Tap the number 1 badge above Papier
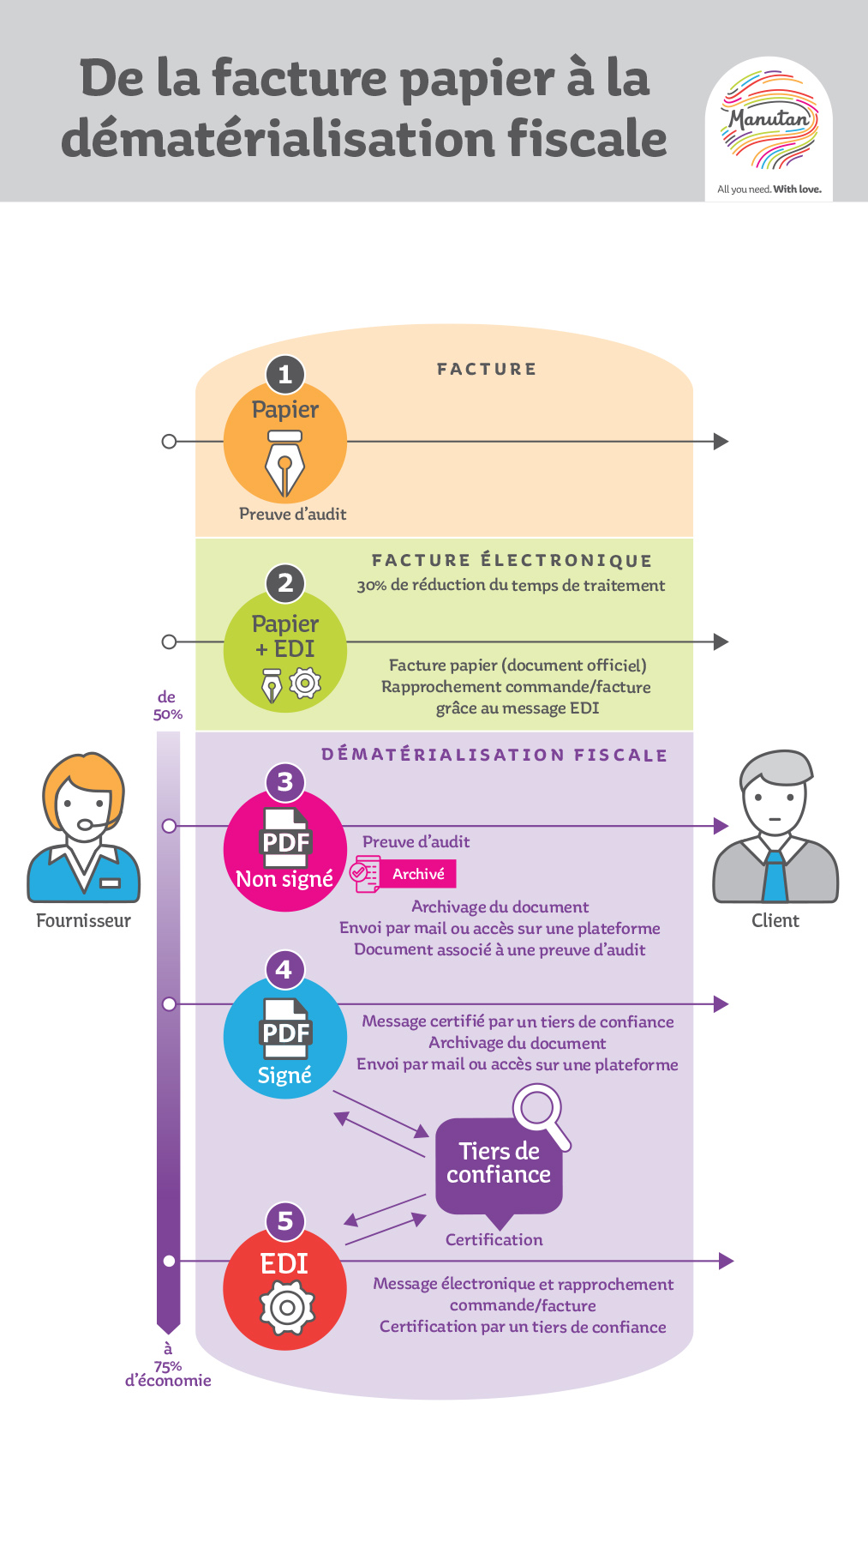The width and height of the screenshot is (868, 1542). click(x=285, y=374)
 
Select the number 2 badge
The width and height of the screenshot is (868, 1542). click(x=285, y=583)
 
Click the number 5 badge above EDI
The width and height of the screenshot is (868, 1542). click(x=285, y=1221)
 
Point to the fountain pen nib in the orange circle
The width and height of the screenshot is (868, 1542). click(x=284, y=467)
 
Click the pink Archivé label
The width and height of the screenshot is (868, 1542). click(x=418, y=874)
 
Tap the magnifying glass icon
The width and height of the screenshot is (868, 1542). click(x=541, y=1113)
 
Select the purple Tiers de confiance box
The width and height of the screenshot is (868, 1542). click(x=499, y=1164)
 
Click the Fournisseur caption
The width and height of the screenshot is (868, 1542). click(x=83, y=921)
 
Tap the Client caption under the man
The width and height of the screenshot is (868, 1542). click(x=775, y=921)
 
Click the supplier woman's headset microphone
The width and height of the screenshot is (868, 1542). click(x=86, y=825)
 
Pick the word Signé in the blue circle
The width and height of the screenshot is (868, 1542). click(x=284, y=1075)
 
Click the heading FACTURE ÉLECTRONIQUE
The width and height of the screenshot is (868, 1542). click(x=512, y=561)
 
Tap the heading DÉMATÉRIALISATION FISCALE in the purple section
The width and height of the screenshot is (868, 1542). click(x=494, y=755)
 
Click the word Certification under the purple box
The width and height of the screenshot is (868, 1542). click(x=494, y=1240)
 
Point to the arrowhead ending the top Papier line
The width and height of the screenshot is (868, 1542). click(x=721, y=442)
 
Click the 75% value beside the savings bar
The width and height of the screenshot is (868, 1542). click(x=168, y=1366)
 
